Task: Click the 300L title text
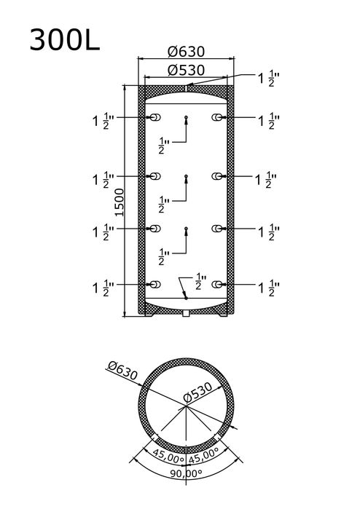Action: point(65,40)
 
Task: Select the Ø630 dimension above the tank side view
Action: point(186,52)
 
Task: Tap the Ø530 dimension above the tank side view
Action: point(186,71)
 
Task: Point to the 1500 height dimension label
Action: point(120,202)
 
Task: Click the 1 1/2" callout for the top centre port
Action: point(269,79)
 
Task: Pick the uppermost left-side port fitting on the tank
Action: point(155,117)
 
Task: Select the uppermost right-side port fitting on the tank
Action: point(217,117)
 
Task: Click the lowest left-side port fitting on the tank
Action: point(155,285)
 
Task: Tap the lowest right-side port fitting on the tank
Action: point(217,285)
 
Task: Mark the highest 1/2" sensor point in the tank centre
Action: point(186,117)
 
